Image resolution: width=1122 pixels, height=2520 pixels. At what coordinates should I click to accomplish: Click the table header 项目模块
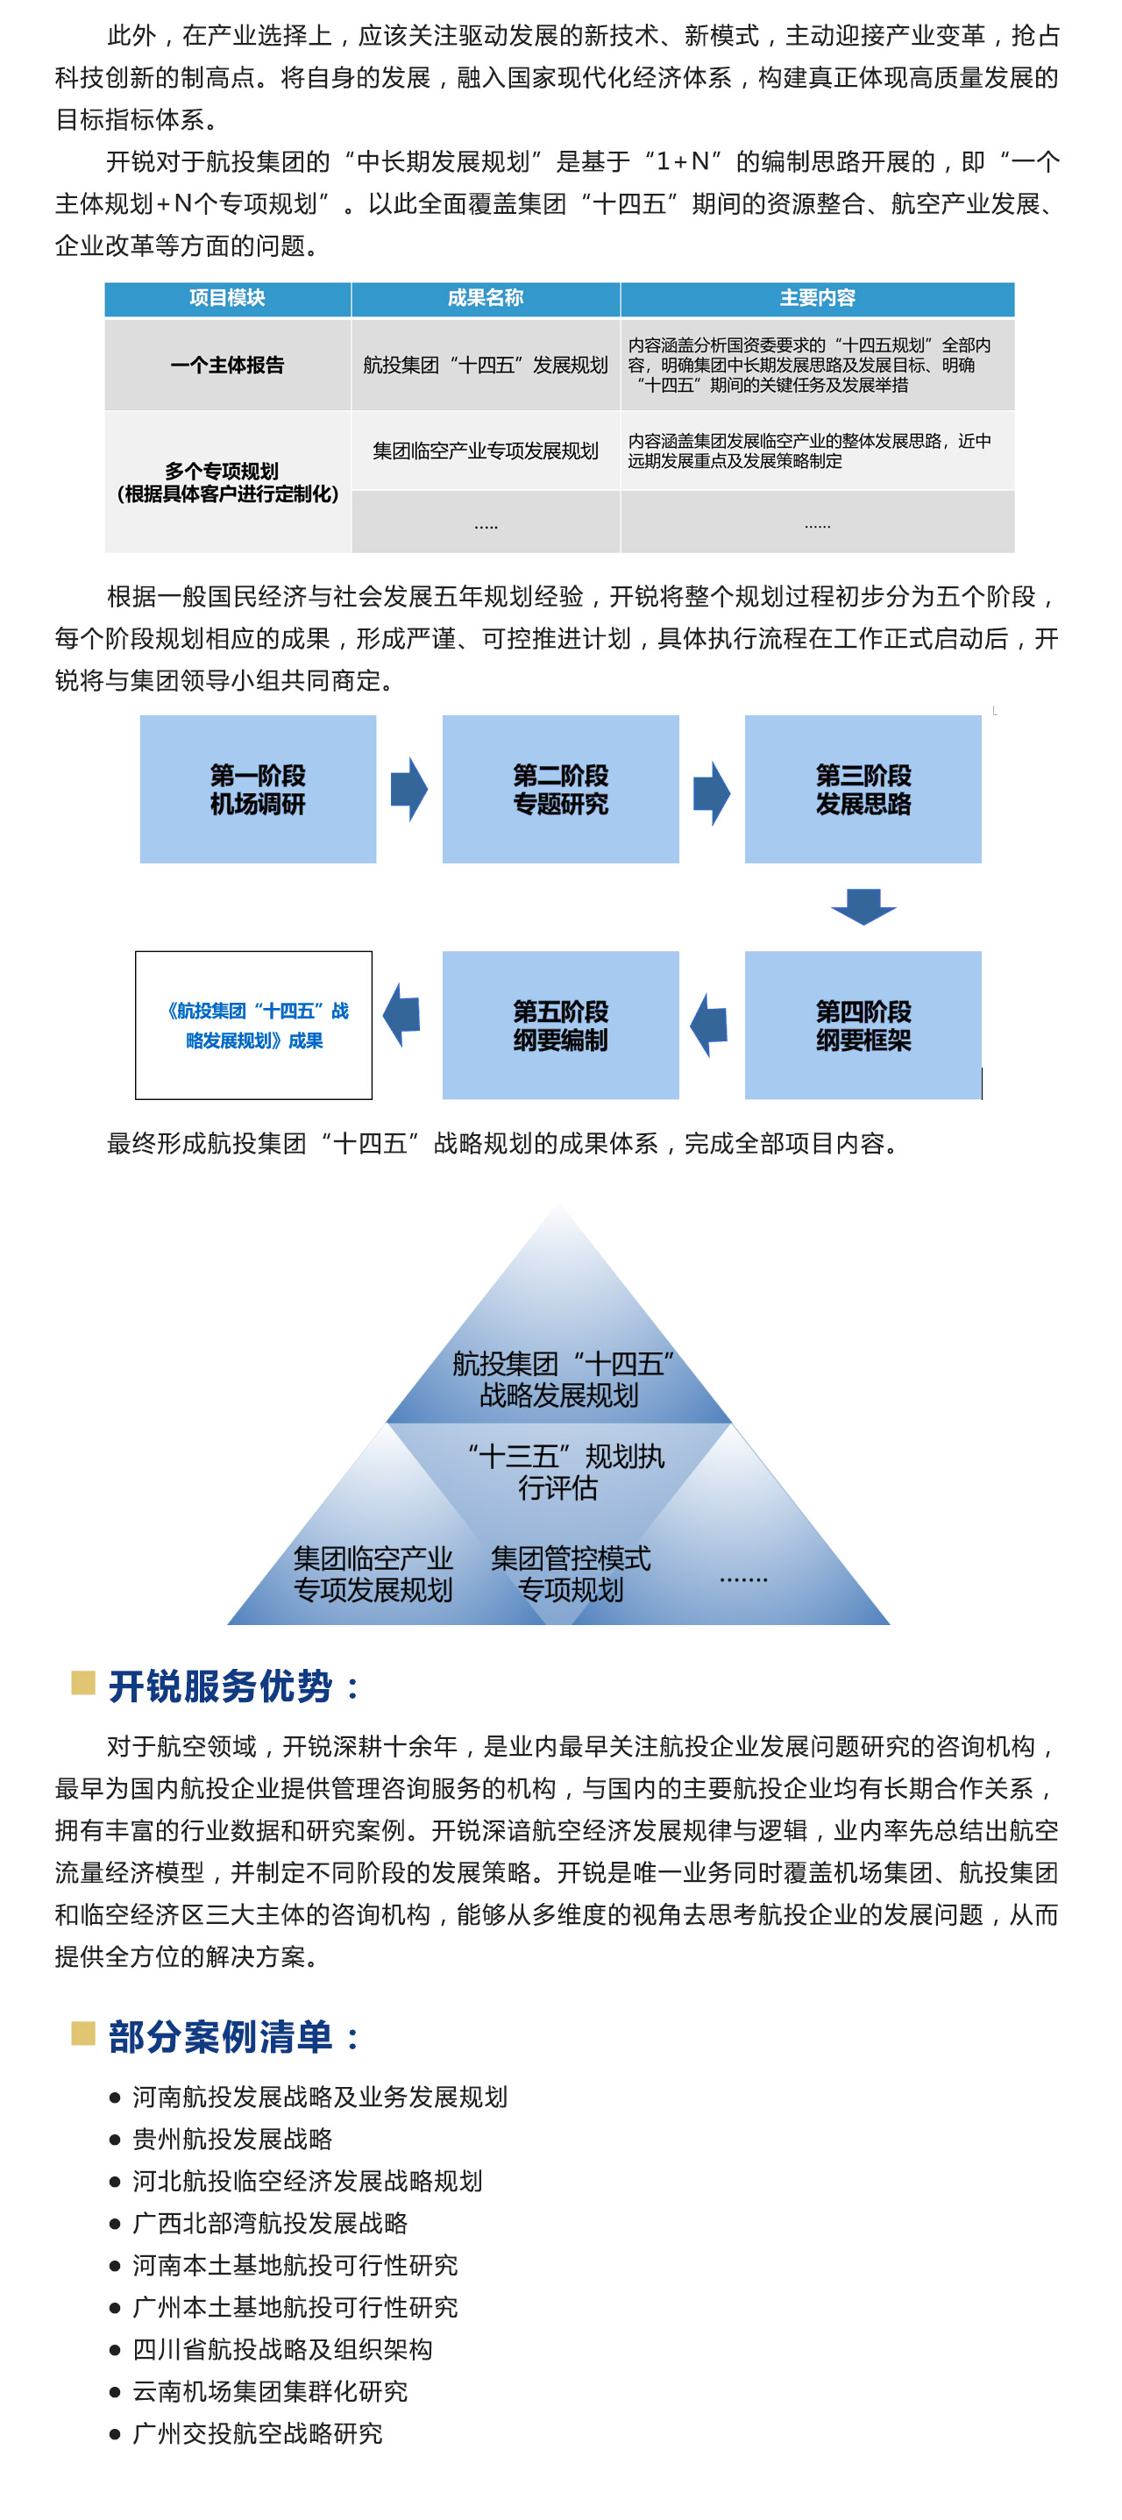pos(227,298)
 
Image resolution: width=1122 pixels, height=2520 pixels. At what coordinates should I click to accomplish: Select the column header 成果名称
pos(486,298)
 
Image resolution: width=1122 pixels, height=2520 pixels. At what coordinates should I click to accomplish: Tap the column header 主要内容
pos(817,298)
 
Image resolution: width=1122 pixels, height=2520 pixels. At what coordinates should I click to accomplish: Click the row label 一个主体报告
pos(227,365)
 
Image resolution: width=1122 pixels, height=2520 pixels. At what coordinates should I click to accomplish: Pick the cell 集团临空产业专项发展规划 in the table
pos(486,451)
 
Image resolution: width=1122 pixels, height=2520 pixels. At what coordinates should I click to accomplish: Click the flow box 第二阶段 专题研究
pos(560,790)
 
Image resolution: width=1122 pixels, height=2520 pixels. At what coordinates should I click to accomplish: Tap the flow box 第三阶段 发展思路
pos(863,790)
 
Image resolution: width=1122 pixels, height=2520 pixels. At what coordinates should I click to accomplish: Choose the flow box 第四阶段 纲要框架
pos(863,1026)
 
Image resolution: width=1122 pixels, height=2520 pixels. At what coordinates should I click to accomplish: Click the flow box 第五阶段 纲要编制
pos(560,1026)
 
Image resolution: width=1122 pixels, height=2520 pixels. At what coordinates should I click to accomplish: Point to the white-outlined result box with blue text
pos(253,1026)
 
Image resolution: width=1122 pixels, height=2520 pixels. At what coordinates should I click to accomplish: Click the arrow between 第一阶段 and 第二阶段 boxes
pos(408,789)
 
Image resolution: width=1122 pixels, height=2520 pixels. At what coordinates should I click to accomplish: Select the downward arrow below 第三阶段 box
pos(863,905)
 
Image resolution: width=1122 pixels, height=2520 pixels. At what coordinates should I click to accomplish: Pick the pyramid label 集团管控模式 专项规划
pos(571,1574)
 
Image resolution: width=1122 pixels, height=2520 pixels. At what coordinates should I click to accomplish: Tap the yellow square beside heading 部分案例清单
pos(83,2034)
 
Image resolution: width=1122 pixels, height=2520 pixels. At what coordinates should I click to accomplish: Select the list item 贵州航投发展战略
pos(233,2140)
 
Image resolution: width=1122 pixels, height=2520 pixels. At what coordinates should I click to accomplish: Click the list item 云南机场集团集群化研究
pos(270,2392)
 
